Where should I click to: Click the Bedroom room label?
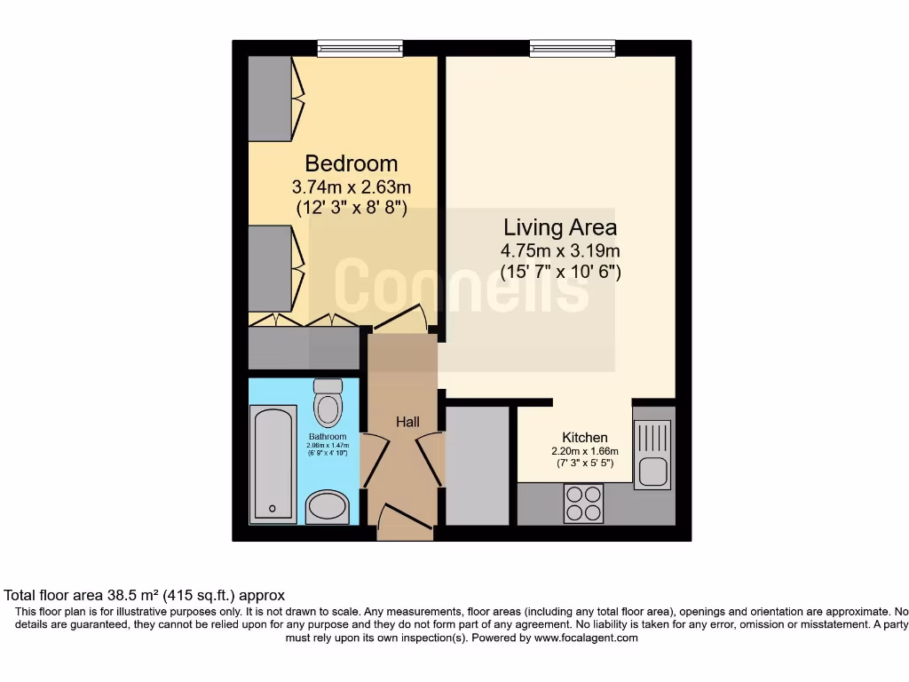click(x=351, y=163)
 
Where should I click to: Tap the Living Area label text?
click(x=559, y=226)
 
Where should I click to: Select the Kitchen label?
click(x=585, y=437)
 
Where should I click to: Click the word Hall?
click(x=407, y=422)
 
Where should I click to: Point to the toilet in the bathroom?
click(x=328, y=404)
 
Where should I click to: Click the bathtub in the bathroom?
click(x=273, y=464)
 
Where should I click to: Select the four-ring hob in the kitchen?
click(x=583, y=504)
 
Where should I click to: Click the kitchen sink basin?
click(x=653, y=471)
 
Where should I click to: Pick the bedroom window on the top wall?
click(x=360, y=49)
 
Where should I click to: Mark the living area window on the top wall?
click(x=573, y=49)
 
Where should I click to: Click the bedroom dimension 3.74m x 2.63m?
click(x=351, y=187)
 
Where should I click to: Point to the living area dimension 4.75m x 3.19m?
click(x=559, y=250)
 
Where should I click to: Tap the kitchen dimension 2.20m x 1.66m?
click(x=585, y=451)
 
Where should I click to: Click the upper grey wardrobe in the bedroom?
click(x=271, y=98)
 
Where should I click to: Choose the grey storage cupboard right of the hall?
click(x=478, y=465)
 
